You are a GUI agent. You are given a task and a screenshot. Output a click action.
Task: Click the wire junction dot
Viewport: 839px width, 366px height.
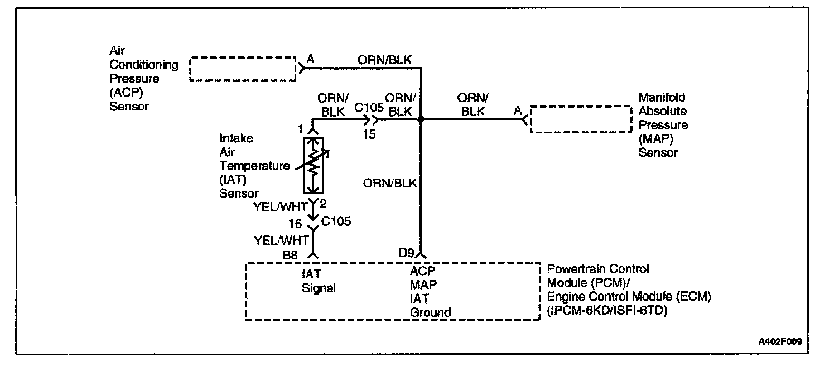[x=421, y=119]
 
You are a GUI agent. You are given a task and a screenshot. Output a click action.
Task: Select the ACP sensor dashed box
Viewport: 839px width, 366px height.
[x=242, y=69]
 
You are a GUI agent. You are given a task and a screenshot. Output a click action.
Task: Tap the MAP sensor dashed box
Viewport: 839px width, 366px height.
[x=578, y=118]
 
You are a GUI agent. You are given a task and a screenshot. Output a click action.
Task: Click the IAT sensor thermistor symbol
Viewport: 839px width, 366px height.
[x=313, y=166]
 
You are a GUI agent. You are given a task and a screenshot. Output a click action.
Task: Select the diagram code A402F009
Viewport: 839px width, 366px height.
[x=782, y=341]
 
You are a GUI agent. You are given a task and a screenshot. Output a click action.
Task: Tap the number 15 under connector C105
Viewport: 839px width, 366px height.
[x=368, y=134]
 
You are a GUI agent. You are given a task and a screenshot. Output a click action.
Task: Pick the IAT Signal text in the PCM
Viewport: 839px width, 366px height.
[x=317, y=281]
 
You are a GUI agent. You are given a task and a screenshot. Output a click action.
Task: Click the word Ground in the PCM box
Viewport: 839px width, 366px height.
[x=430, y=312]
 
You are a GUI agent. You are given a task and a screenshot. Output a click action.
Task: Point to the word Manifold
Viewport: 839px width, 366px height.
[x=662, y=97]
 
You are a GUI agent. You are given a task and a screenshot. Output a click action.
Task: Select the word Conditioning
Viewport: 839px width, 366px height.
[x=143, y=65]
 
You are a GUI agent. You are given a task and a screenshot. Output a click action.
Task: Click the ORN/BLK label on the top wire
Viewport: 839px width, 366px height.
[x=385, y=60]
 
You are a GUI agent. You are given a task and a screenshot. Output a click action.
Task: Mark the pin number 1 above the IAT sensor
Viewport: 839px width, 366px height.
[x=300, y=129]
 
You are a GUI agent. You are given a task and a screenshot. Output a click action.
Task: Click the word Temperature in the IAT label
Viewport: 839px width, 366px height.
[x=254, y=166]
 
